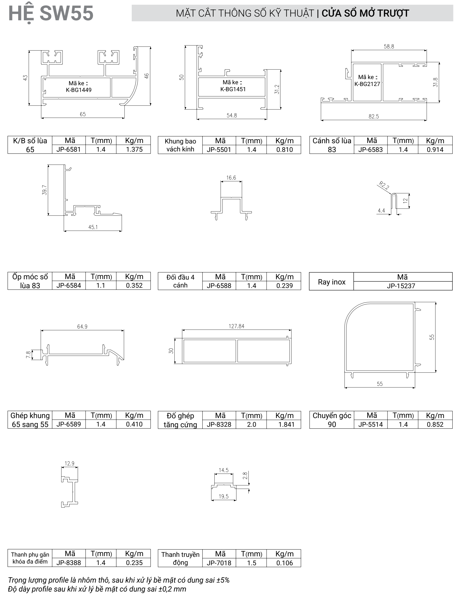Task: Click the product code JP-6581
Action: (x=69, y=149)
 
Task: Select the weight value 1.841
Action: (x=286, y=425)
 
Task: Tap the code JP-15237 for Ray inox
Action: (x=401, y=286)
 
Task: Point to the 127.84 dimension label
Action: (x=236, y=326)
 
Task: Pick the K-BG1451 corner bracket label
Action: (x=233, y=89)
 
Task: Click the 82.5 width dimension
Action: (x=374, y=116)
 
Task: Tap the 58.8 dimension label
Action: (x=389, y=46)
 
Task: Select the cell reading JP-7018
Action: (x=219, y=563)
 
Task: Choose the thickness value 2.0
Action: (x=251, y=425)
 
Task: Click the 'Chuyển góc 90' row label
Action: (x=332, y=420)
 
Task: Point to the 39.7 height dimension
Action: (x=45, y=190)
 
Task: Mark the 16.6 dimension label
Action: (x=231, y=178)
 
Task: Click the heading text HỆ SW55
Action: (x=51, y=13)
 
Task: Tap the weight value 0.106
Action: (x=285, y=563)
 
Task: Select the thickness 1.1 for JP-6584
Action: (x=101, y=285)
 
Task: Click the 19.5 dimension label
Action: (x=224, y=496)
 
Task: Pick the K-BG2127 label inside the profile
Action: (x=367, y=84)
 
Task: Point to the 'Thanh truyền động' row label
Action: (x=180, y=558)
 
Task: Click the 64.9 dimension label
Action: (x=82, y=327)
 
